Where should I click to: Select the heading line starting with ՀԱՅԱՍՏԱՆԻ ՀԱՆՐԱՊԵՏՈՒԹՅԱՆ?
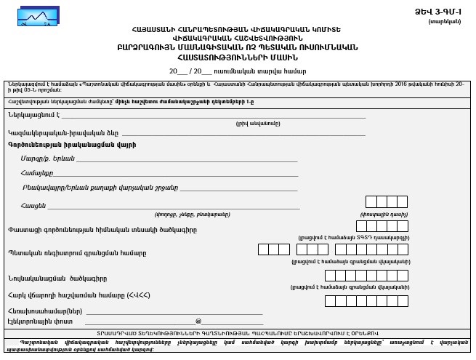[237, 29]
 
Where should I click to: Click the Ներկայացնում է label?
[32, 115]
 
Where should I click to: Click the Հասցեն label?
[33, 205]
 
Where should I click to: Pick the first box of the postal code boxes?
[371, 202]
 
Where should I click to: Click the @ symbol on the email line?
[198, 321]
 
